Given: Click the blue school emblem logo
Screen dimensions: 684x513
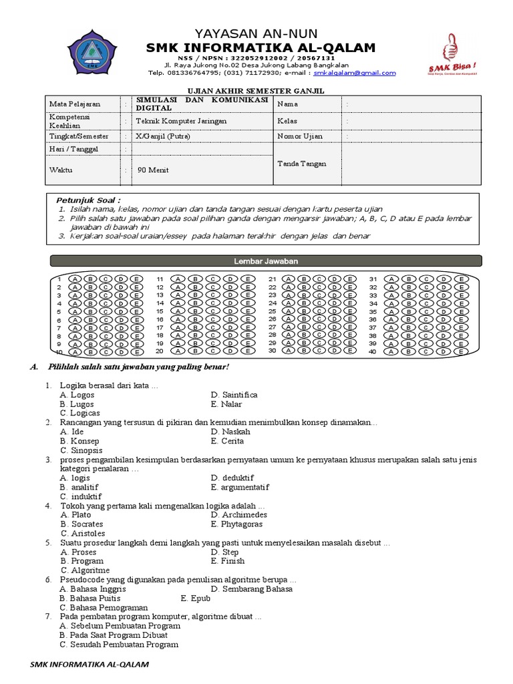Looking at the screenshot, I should (92, 49).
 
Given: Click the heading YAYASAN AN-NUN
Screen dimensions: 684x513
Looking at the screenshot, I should (256, 33).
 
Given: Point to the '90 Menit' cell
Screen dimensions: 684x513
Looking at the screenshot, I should (152, 170).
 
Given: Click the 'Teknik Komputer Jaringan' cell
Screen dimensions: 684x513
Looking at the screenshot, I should (181, 121).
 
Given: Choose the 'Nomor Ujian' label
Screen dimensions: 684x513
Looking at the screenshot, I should (300, 136).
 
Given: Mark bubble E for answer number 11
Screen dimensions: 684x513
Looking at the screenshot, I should (248, 279).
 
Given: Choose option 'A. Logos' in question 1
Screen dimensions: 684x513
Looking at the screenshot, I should (77, 395).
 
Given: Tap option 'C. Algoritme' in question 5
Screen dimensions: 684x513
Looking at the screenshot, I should (85, 570).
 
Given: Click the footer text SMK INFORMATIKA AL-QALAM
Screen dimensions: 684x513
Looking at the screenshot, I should (90, 665).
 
